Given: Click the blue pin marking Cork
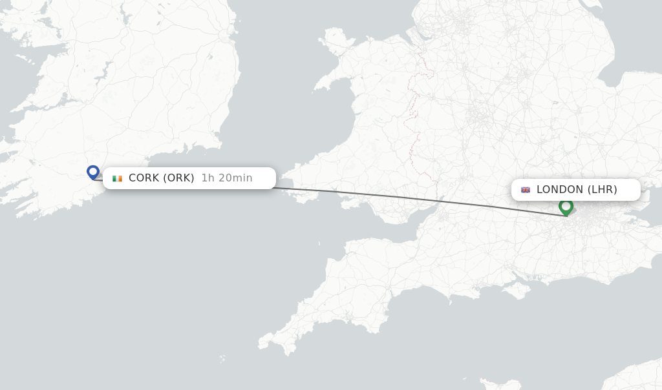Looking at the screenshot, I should tap(93, 172).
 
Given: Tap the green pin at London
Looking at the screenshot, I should tap(566, 207).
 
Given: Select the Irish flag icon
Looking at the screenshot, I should tap(117, 178).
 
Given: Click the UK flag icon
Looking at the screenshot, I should tap(526, 190).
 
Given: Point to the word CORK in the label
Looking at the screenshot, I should tap(144, 178).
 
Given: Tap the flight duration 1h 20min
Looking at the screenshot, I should tap(227, 178).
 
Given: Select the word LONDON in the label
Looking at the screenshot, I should tap(560, 189).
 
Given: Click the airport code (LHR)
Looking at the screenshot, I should tap(603, 189).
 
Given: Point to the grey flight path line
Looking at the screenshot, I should tap(414, 201).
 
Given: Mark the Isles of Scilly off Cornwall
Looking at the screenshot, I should tap(222, 359).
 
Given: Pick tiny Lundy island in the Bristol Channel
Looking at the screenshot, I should tap(319, 244).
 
